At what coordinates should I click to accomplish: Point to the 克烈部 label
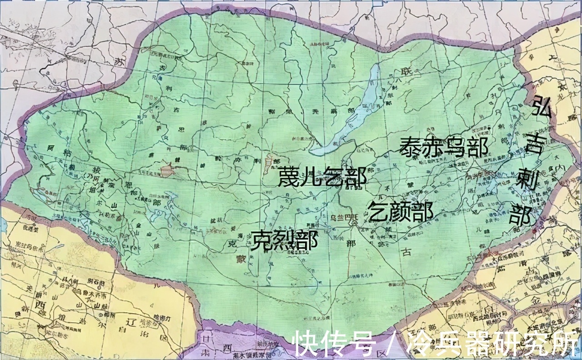click(286, 240)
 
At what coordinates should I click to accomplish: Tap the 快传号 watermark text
click(334, 344)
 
